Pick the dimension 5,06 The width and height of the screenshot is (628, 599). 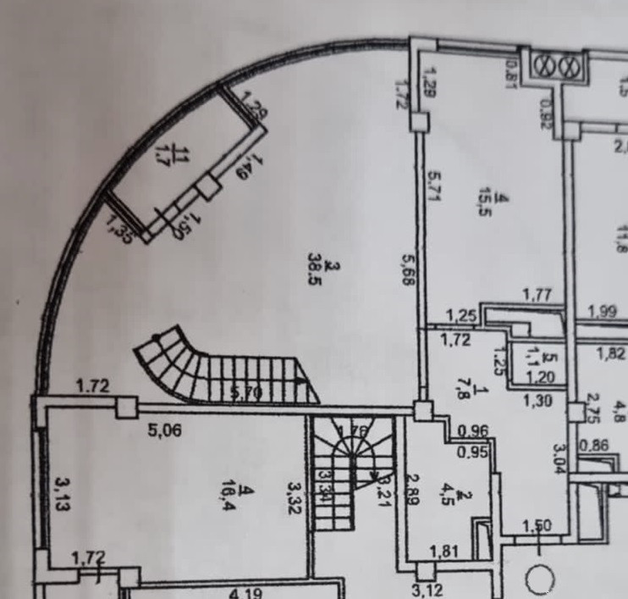166,430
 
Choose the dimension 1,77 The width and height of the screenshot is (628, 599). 537,295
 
